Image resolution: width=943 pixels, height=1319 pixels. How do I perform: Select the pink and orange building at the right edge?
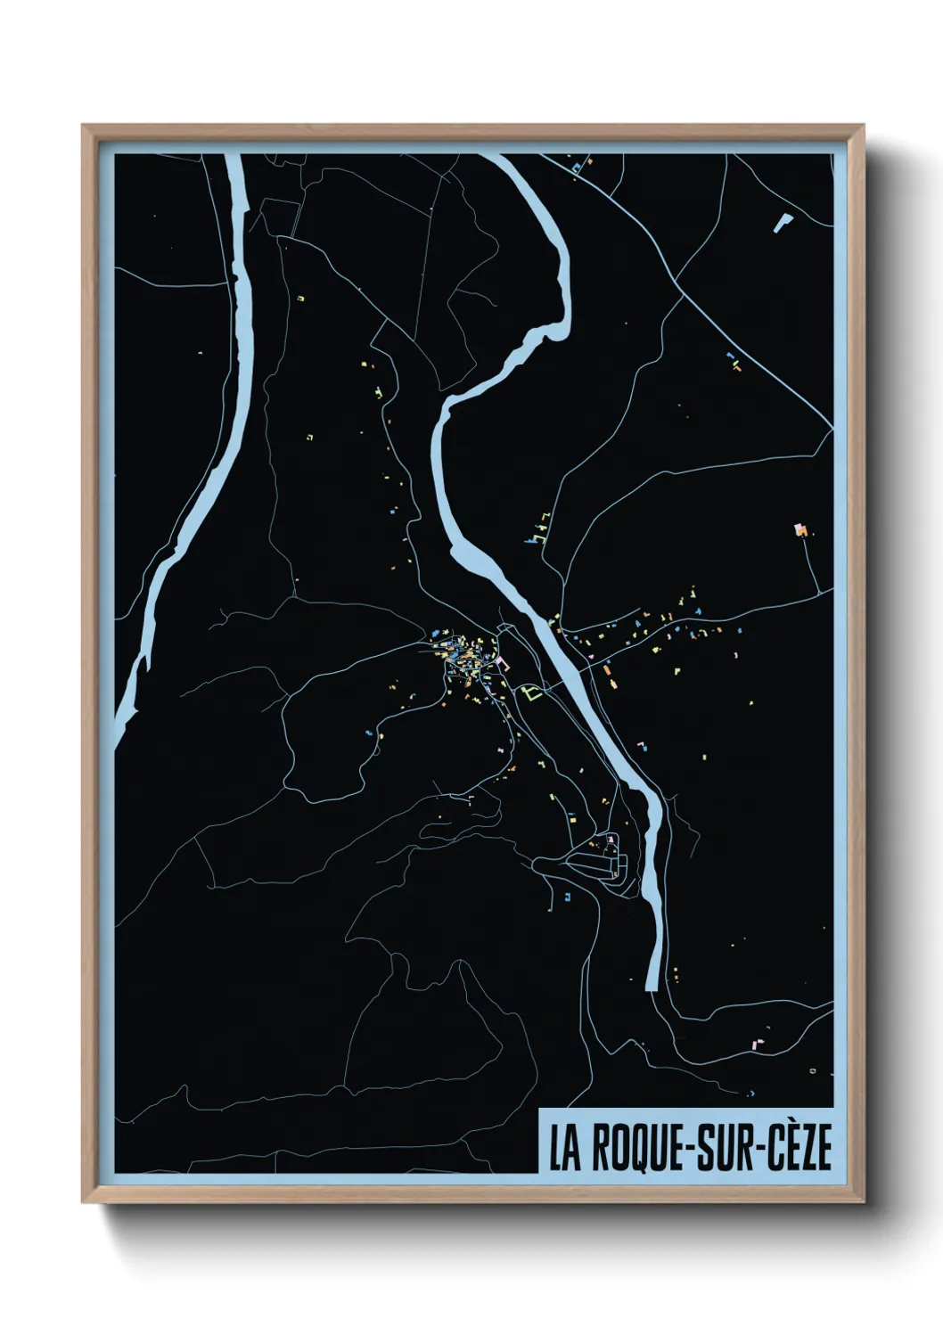pos(800,530)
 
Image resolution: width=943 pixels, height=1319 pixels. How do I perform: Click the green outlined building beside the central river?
pos(532,692)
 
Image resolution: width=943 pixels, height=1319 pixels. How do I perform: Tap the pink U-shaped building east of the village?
pos(502,663)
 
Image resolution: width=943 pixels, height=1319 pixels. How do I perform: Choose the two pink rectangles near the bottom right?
pos(759,1040)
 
